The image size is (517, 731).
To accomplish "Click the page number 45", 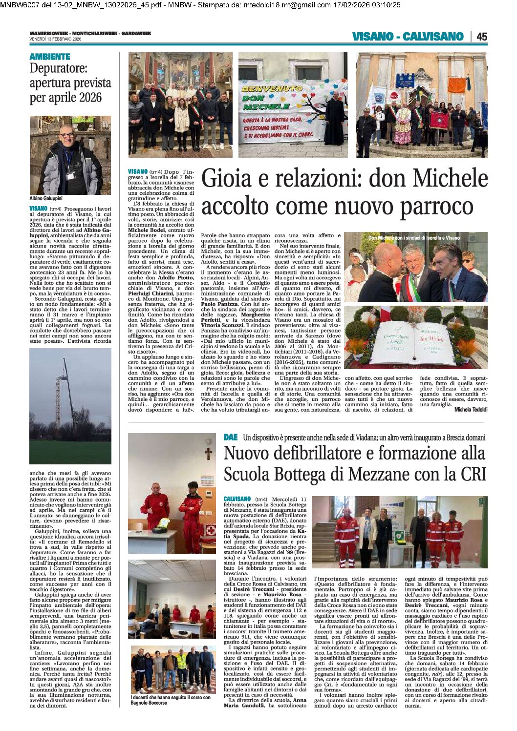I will click(481, 37).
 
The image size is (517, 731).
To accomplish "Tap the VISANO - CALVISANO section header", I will click(408, 37).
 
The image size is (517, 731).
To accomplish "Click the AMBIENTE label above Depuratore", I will click(50, 57).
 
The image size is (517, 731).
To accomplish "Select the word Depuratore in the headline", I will click(58, 68).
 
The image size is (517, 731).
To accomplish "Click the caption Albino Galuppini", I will click(46, 199).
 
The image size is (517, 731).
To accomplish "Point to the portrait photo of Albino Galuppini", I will click(70, 155).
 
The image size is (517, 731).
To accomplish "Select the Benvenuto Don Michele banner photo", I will click(293, 105).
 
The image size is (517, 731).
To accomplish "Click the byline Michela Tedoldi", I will click(471, 410).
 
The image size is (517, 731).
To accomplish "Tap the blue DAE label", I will click(231, 438).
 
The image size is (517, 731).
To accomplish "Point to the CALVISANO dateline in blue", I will click(237, 499).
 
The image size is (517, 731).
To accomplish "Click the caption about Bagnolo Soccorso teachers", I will click(171, 700).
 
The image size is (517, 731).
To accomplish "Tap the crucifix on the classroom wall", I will click(208, 454).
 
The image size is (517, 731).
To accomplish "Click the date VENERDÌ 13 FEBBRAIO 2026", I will click(55, 39).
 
